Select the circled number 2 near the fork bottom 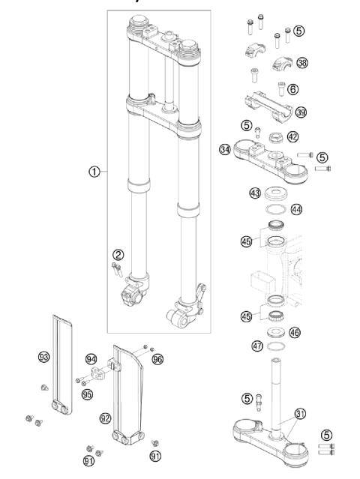point(118,253)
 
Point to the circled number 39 point(301,112)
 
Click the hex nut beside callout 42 point(274,137)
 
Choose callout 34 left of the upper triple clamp point(223,149)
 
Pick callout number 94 point(91,358)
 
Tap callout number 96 point(157,358)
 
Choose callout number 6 point(292,88)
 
